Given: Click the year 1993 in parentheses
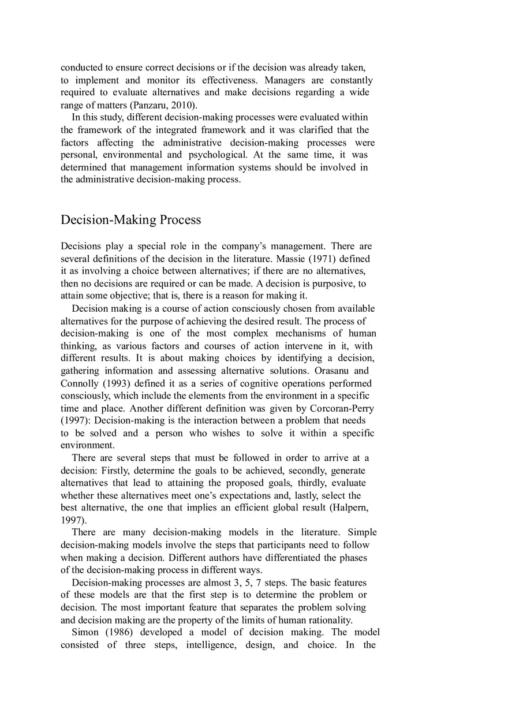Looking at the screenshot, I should (x=117, y=383).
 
